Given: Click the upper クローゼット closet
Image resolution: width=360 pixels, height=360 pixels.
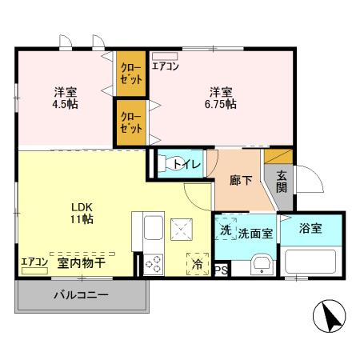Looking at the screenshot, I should (x=131, y=74).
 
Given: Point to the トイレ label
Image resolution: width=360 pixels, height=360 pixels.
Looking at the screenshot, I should (x=187, y=165).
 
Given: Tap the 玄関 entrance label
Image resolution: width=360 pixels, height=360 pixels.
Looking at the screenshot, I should (x=282, y=181).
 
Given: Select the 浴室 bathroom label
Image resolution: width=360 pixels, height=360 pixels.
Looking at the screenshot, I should (x=311, y=229).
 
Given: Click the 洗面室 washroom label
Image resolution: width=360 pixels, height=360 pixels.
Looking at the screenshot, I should (x=256, y=232).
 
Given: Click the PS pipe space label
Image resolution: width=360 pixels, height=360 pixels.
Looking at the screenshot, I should (x=221, y=271).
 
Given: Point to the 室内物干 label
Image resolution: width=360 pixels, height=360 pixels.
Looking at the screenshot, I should (x=82, y=262).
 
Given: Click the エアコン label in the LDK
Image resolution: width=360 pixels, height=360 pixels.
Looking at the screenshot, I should (x=34, y=262).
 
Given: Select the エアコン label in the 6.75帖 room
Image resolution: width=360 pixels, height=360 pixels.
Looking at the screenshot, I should (x=166, y=66).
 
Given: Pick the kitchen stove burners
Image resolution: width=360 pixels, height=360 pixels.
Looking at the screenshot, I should (x=154, y=263).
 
